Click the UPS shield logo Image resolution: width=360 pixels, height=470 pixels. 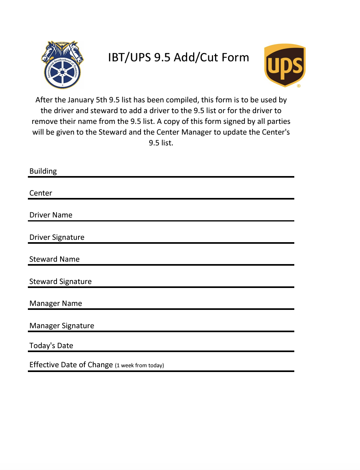[285, 65]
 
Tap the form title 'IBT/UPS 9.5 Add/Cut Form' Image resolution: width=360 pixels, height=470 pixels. [178, 57]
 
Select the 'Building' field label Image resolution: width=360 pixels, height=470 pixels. [43, 171]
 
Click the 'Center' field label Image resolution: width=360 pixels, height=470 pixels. [41, 193]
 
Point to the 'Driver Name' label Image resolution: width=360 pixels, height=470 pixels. [51, 215]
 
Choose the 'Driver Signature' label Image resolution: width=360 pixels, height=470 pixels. [57, 237]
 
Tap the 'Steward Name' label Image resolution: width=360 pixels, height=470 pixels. [54, 259]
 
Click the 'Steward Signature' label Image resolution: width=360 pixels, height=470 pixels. [60, 282]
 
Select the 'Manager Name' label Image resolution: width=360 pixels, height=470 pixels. [55, 304]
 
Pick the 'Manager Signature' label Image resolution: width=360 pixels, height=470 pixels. [62, 326]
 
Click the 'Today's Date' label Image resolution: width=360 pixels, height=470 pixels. [51, 346]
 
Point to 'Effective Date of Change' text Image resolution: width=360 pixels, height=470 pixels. [71, 365]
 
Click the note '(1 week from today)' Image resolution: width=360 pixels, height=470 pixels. [139, 365]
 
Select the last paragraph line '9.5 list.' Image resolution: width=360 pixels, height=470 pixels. [161, 143]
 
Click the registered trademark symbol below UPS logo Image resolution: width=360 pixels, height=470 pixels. [299, 86]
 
